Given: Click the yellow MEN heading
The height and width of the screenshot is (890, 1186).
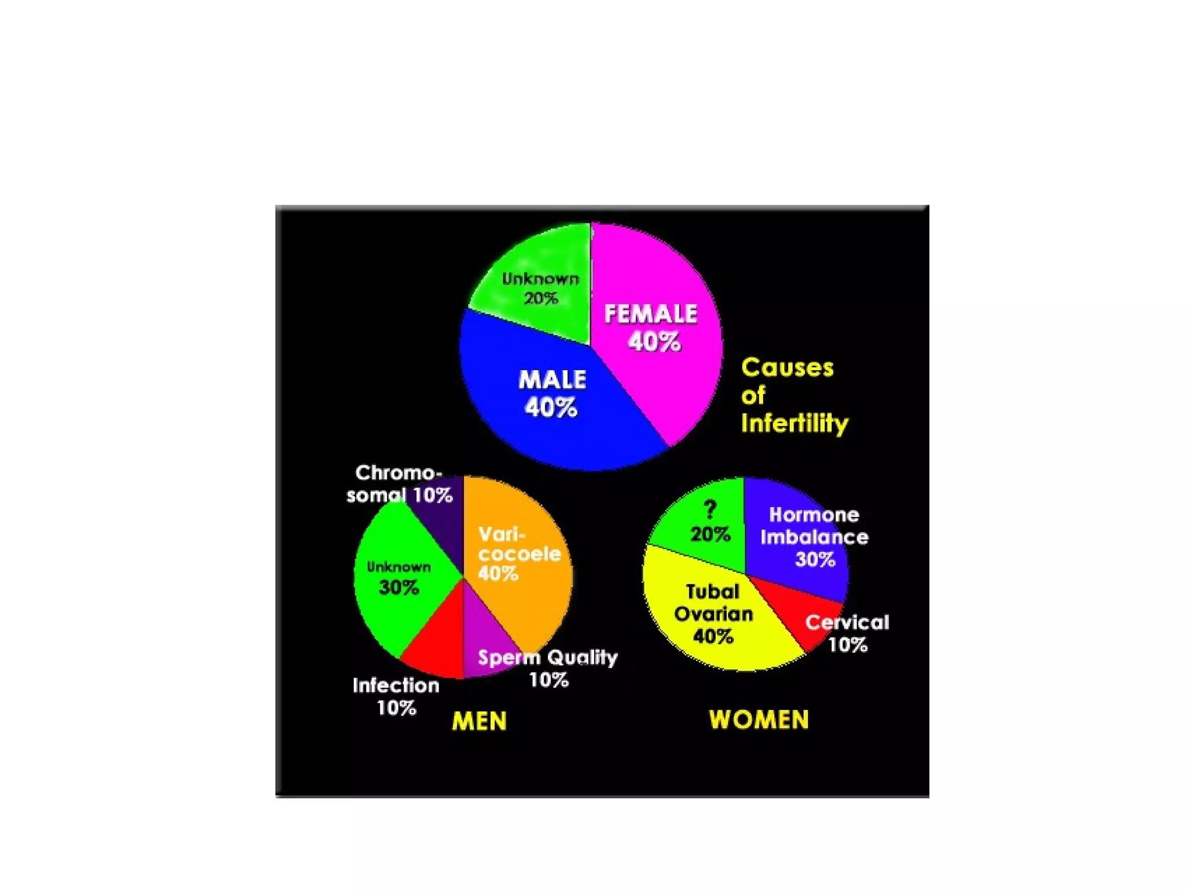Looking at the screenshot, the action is [x=479, y=721].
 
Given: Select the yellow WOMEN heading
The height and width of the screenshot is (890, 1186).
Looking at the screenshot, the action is [x=759, y=720].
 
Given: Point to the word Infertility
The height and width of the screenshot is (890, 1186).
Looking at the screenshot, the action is [x=794, y=424].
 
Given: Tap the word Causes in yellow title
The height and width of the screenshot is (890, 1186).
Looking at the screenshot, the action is [x=787, y=368].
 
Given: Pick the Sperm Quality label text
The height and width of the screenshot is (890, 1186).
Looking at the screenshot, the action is [x=548, y=658].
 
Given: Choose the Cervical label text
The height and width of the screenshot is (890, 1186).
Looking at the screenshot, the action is [x=847, y=622].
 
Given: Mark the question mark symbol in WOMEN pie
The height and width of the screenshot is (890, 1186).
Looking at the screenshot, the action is [x=710, y=510].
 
